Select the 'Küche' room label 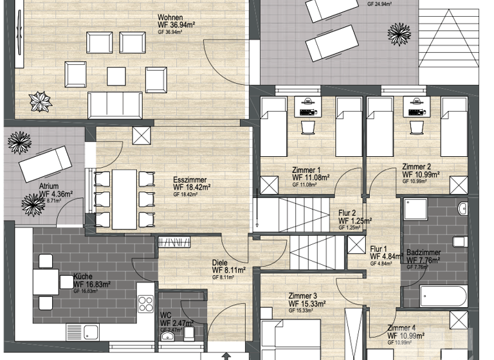[82, 275]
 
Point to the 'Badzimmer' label [423, 252]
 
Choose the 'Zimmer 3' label [302, 296]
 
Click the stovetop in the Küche [146, 303]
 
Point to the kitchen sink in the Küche [91, 332]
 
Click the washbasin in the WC [169, 336]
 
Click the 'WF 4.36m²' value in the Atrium [56, 193]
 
